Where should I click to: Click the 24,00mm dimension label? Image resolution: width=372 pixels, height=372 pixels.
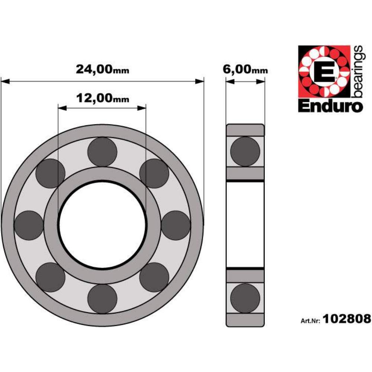(x=103, y=69)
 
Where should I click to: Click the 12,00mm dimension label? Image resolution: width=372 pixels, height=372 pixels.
(x=103, y=98)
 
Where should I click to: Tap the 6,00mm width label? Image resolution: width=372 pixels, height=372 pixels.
(x=245, y=69)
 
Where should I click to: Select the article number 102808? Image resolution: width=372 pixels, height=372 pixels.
(x=347, y=319)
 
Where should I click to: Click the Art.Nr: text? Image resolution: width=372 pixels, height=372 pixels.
(x=311, y=321)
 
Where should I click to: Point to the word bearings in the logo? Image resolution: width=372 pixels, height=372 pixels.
(x=358, y=71)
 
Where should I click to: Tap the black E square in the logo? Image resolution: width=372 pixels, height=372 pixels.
(x=324, y=71)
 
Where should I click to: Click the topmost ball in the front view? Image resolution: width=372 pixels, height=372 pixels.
(x=102, y=152)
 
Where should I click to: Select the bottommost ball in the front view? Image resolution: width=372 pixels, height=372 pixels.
(x=102, y=299)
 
